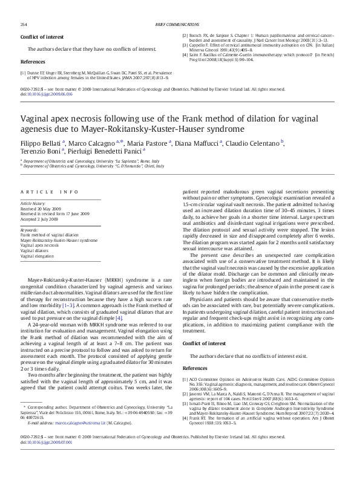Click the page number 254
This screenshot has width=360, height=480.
(24, 24)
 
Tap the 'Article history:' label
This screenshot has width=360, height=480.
(33, 204)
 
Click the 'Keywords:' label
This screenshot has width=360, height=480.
(30, 230)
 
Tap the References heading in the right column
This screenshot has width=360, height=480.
(194, 368)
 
